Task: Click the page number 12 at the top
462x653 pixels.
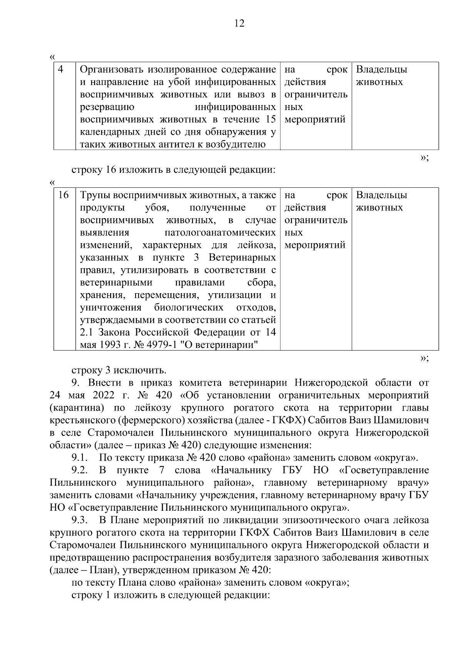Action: point(239,24)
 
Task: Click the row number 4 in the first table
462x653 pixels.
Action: point(60,70)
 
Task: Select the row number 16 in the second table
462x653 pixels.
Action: point(63,195)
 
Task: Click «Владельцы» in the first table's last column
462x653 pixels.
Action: point(382,70)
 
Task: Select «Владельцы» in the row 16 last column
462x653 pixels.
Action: point(382,195)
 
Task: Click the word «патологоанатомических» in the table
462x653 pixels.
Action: point(220,233)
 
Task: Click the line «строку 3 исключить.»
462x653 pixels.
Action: point(119,370)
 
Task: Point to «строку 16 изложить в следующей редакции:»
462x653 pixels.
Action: point(174,170)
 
